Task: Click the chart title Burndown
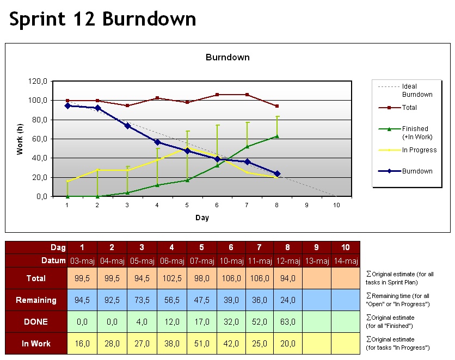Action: click(227, 57)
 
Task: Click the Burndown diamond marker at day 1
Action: click(67, 105)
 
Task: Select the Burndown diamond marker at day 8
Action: click(277, 173)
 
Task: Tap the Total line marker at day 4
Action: click(157, 98)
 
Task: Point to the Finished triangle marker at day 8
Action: click(277, 136)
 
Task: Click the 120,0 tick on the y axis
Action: click(39, 81)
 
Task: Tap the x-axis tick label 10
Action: click(336, 205)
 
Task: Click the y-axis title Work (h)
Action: click(20, 139)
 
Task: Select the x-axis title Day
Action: click(202, 218)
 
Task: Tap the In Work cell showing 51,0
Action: click(202, 343)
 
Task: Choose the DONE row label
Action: click(36, 321)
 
